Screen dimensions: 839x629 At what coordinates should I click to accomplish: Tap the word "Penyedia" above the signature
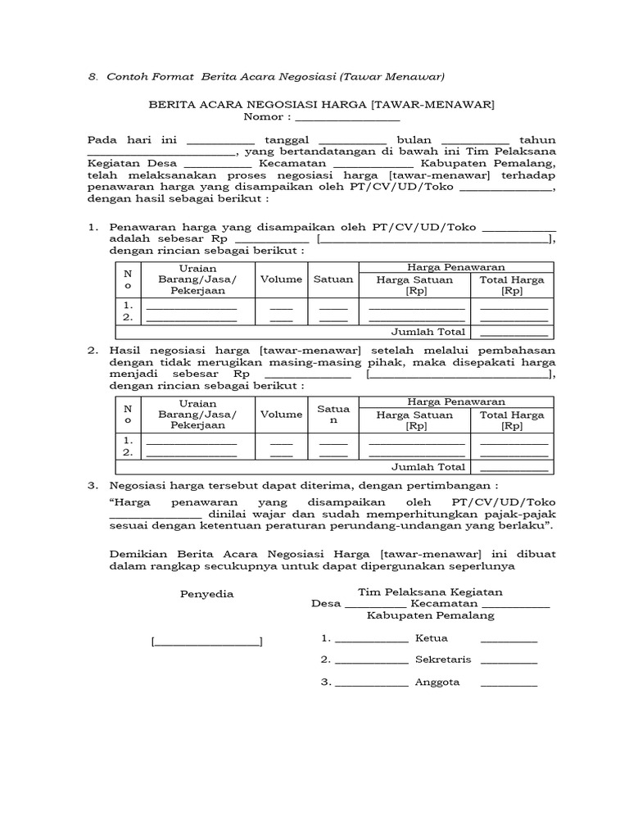click(x=206, y=594)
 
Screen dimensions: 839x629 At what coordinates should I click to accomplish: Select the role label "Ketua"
click(x=432, y=638)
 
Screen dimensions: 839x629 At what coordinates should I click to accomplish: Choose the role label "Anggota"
click(x=437, y=682)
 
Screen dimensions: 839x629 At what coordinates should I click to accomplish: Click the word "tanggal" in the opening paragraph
click(x=287, y=139)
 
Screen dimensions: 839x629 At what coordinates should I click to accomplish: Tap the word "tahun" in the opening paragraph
click(x=538, y=139)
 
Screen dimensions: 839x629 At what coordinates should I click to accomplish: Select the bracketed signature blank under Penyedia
click(x=206, y=642)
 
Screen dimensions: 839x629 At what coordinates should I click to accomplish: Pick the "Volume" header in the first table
click(x=281, y=279)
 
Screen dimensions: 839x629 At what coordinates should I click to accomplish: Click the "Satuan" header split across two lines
click(x=333, y=414)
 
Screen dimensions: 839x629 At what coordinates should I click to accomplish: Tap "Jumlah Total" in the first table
click(x=429, y=332)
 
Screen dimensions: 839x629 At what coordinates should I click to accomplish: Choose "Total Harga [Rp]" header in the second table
click(x=512, y=420)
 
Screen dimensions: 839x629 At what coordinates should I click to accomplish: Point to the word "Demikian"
click(x=138, y=555)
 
